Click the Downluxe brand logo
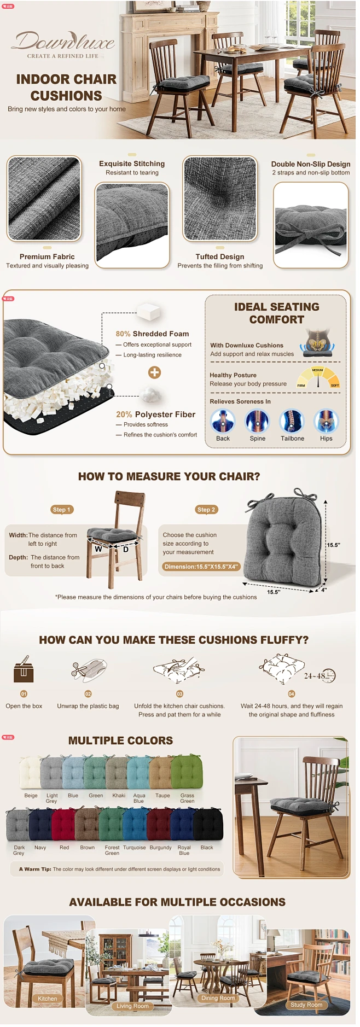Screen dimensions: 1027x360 (65, 42)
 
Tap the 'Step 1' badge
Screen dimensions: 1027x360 (61, 510)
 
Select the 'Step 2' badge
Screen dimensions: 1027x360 (206, 510)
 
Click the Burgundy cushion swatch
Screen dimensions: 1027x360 (159, 824)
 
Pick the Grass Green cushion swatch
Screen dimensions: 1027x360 (187, 772)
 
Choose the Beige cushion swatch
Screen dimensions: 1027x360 (30, 772)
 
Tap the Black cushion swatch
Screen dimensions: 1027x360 (208, 824)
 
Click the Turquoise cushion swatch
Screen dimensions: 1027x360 (135, 824)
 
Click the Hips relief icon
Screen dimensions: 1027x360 (326, 422)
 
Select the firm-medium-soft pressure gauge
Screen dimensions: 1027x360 (318, 377)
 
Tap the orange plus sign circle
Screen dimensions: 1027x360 (155, 372)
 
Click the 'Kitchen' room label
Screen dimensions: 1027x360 (48, 998)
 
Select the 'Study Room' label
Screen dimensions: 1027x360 (306, 1005)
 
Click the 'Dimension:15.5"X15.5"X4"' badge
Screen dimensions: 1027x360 (201, 567)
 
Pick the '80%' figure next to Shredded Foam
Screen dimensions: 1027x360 (123, 334)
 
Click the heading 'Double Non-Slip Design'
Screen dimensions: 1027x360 (311, 164)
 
